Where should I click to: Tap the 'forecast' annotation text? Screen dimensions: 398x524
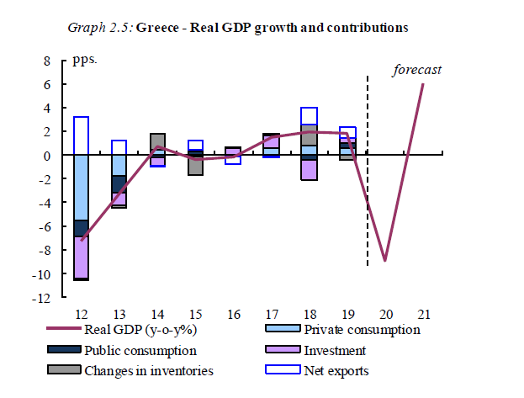tap(417, 70)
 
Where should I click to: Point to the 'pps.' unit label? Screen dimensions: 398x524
tap(86, 61)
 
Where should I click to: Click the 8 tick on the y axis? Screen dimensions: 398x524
tap(47, 61)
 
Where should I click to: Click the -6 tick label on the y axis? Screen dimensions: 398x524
tap(45, 227)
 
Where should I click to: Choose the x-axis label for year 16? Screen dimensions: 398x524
tap(233, 315)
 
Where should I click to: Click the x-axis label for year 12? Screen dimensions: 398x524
tap(82, 315)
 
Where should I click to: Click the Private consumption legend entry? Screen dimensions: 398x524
tap(362, 329)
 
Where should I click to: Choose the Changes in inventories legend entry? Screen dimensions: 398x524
tap(148, 370)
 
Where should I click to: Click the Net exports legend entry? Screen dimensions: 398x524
tap(336, 370)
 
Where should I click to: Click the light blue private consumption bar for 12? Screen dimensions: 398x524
tap(82, 187)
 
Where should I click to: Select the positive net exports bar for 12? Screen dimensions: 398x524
tap(82, 135)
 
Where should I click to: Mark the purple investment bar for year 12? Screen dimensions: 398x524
tap(82, 257)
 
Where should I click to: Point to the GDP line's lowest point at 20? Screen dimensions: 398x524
tap(385, 261)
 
